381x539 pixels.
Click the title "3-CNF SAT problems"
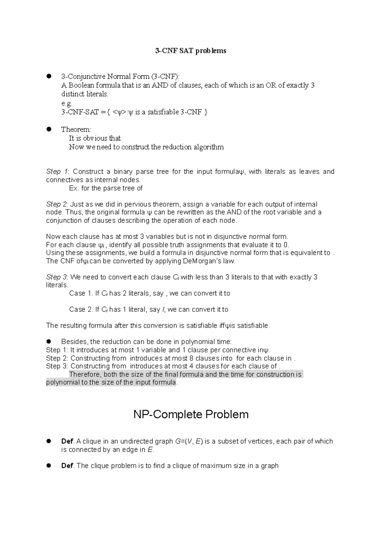tap(190, 51)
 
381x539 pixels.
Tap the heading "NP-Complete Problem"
tap(190, 414)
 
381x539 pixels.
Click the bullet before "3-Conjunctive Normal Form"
tap(49, 76)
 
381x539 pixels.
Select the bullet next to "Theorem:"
tap(49, 129)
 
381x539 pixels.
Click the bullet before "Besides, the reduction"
tap(49, 342)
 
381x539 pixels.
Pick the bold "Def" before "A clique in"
tap(67, 441)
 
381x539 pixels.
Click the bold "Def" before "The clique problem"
tap(67, 466)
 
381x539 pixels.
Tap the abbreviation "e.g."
tap(67, 103)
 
